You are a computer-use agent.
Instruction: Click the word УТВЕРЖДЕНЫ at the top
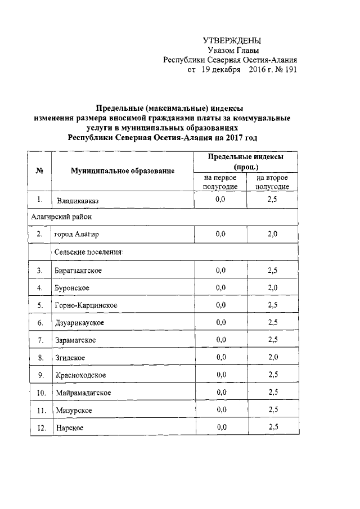click(232, 41)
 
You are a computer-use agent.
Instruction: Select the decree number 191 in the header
click(288, 70)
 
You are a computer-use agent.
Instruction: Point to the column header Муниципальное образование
click(123, 170)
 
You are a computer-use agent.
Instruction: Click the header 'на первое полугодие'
click(220, 182)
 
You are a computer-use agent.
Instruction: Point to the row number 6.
click(40, 323)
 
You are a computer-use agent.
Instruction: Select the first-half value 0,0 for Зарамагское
click(220, 340)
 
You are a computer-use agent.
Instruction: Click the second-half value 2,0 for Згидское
click(273, 357)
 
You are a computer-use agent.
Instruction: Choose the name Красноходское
click(80, 375)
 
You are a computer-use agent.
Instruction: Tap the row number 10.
click(40, 392)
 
